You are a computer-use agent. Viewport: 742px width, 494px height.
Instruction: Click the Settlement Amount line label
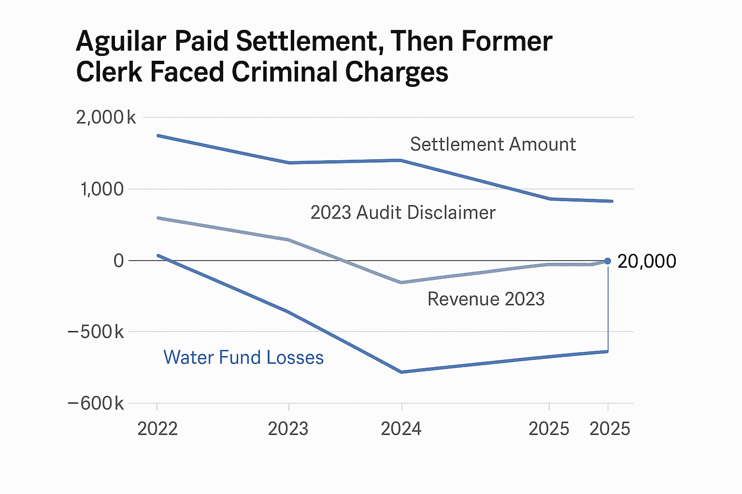coord(493,144)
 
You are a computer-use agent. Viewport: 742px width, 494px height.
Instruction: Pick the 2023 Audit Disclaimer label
coord(403,213)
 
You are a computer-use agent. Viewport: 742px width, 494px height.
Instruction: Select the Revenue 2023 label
coord(486,299)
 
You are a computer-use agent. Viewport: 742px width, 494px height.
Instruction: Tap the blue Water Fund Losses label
coord(243,357)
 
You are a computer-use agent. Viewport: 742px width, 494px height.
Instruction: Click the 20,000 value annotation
coord(647,261)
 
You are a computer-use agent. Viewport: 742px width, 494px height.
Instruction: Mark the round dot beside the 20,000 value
coord(608,261)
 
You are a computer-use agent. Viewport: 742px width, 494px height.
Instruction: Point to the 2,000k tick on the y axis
coord(106,117)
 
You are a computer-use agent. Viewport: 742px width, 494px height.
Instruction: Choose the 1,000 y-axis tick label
coord(102,189)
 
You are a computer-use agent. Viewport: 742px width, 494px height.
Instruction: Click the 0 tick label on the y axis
coord(118,261)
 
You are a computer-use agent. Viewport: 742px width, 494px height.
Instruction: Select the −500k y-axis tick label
coord(96,332)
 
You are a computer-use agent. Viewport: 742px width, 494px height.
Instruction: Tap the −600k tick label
coord(96,403)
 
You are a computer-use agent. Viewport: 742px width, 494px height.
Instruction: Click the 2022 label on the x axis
coord(157,428)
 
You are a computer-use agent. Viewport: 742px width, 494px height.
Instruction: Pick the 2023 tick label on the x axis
coord(288,428)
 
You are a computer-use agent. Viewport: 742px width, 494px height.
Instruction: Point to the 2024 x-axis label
coord(401,428)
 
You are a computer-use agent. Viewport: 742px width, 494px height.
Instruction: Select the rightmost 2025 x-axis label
coord(610,428)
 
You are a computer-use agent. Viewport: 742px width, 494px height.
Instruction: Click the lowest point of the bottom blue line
coord(401,372)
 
